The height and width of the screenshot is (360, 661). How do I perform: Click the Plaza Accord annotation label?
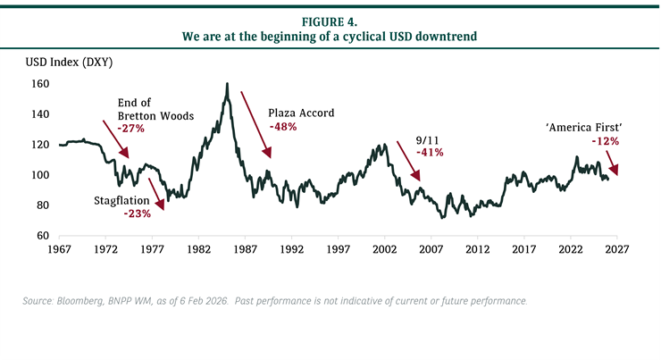tap(301, 113)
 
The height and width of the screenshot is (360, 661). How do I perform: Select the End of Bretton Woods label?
tap(148, 108)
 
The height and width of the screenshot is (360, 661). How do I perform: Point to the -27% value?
tap(131, 129)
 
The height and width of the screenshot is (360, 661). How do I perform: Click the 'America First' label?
tap(582, 128)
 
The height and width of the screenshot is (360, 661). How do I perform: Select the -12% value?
tap(605, 141)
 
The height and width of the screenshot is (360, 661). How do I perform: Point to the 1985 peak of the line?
tap(228, 85)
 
